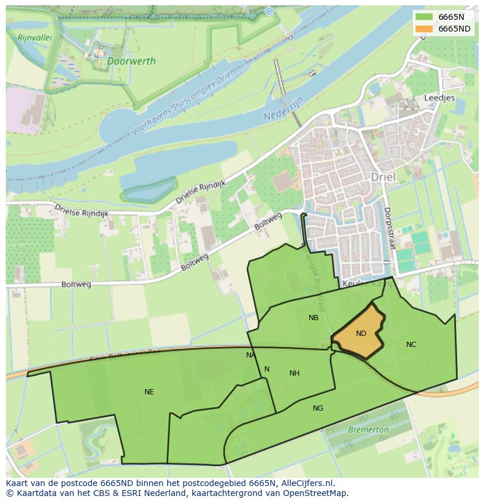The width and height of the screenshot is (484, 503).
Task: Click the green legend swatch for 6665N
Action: coord(424,17)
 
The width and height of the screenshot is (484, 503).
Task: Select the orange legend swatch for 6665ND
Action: coord(424,29)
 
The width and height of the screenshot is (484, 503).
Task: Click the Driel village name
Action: coord(383,177)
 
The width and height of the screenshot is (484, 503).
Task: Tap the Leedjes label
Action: coord(439,98)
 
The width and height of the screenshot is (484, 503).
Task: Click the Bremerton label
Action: coord(368,429)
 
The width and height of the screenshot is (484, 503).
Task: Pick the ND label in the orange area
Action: coord(361,334)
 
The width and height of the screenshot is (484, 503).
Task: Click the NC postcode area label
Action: coord(411,345)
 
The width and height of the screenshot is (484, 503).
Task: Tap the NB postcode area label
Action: coord(313,318)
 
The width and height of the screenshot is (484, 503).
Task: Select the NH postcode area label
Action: coord(294,373)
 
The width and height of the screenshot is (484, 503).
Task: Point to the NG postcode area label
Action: coord(317,408)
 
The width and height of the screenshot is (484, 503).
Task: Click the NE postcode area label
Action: coord(149,392)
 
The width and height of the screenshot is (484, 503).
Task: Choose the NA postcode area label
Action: coord(251,355)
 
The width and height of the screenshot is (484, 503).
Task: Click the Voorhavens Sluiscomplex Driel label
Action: coord(182,102)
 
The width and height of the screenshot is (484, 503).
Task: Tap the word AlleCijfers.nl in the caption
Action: coord(307,483)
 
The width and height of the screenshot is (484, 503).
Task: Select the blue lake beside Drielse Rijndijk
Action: coord(148,190)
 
